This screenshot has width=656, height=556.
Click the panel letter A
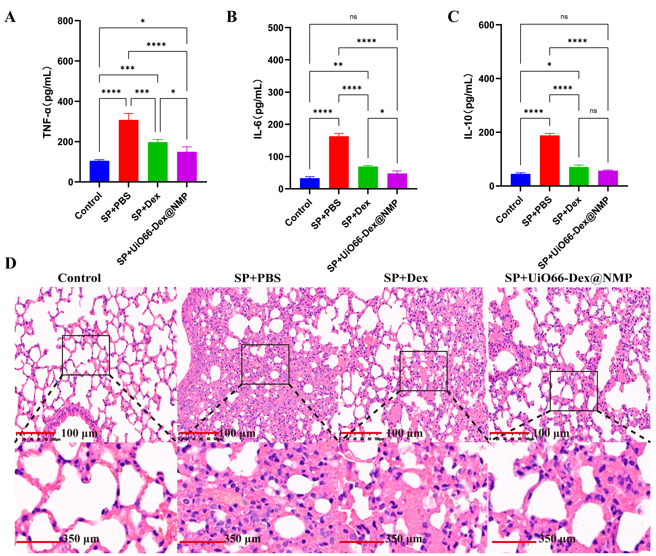pyautogui.click(x=10, y=17)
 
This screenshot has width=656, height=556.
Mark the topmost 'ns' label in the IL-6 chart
pyautogui.click(x=353, y=17)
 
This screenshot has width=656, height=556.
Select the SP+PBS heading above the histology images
pyautogui.click(x=257, y=278)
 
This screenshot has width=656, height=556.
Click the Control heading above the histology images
pyautogui.click(x=79, y=278)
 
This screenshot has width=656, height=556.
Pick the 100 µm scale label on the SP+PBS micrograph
pyautogui.click(x=237, y=433)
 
